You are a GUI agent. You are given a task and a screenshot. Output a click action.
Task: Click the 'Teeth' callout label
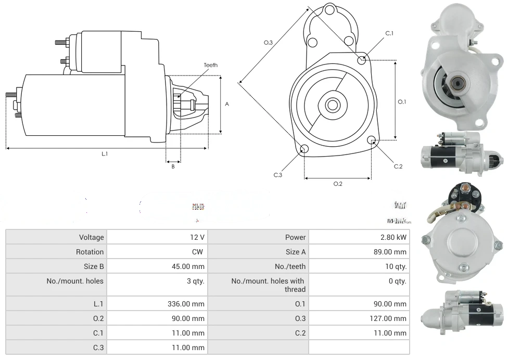point(210,65)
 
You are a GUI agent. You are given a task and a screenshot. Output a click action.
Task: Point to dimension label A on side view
point(227,104)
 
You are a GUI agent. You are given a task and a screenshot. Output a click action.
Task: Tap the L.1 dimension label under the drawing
point(105,153)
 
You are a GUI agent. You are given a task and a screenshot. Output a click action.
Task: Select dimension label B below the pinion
point(173,166)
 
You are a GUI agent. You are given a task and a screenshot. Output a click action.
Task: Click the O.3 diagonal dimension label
point(268,43)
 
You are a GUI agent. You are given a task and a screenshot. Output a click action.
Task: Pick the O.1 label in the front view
point(402,102)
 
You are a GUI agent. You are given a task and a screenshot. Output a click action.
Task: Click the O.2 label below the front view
point(337,184)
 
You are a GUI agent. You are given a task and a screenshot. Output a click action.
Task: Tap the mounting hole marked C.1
point(362,60)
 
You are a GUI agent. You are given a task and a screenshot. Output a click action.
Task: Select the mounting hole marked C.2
point(372,140)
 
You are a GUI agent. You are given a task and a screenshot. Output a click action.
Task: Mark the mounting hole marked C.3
point(304,150)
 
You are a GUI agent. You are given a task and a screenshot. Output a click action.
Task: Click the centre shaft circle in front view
point(332,105)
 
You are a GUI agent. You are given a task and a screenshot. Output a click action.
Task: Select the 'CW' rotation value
point(198,252)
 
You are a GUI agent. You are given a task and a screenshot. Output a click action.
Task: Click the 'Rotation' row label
point(90,252)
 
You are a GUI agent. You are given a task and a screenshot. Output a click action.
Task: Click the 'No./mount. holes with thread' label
point(268,285)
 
